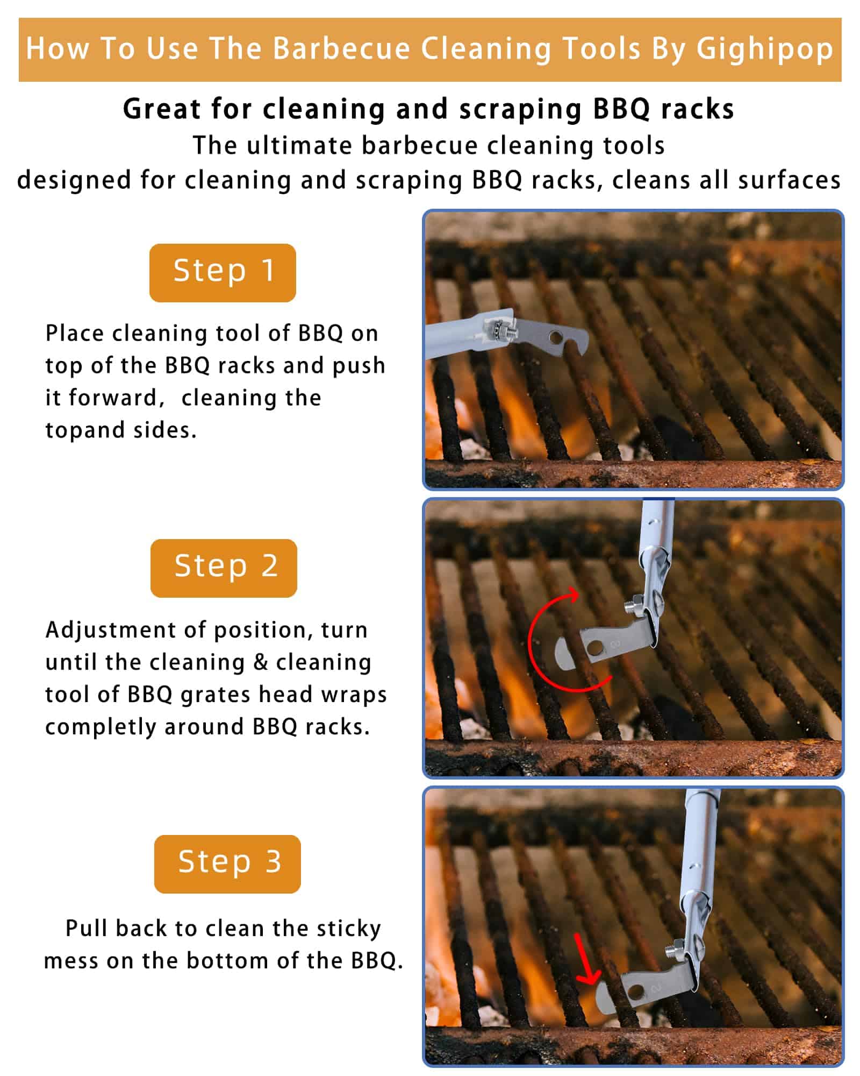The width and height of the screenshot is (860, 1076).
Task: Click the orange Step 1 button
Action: pyautogui.click(x=223, y=273)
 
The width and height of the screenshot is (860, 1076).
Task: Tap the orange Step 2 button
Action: pyautogui.click(x=224, y=568)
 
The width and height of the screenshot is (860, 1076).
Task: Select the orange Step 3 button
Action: pyautogui.click(x=227, y=864)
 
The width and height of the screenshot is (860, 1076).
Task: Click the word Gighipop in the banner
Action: pyautogui.click(x=765, y=49)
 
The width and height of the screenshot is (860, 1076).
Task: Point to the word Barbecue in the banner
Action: pyautogui.click(x=342, y=48)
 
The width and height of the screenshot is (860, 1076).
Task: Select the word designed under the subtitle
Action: pyautogui.click(x=74, y=180)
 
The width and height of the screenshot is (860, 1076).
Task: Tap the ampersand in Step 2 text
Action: pyautogui.click(x=261, y=662)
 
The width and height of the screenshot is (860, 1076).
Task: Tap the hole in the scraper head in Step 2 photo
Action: pyautogui.click(x=594, y=647)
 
